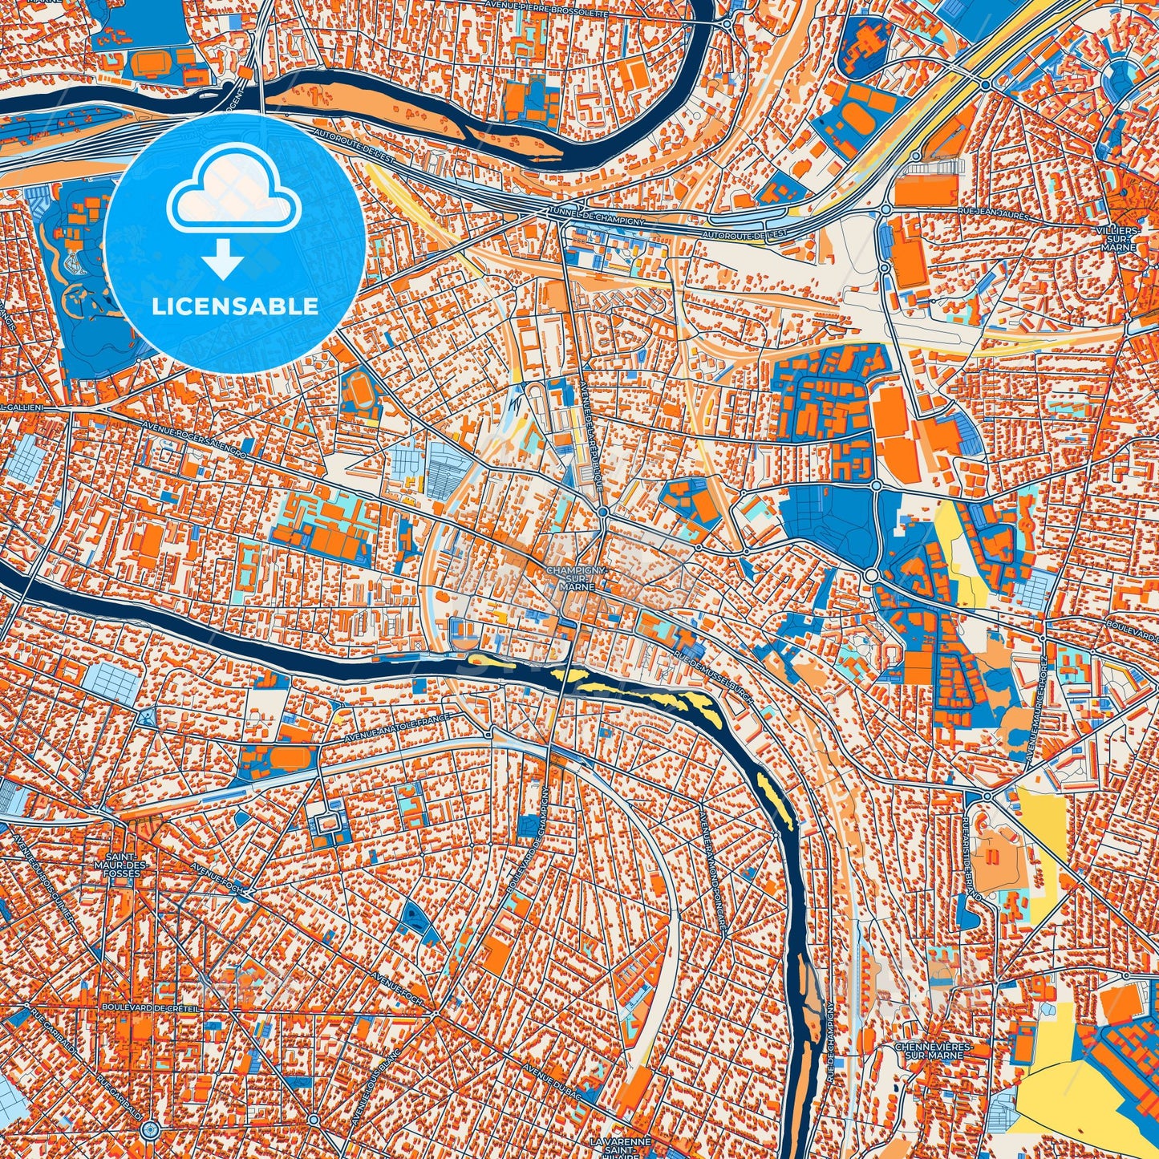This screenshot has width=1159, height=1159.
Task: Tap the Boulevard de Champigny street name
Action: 529,834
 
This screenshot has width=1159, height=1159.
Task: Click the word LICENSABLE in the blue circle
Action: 235,306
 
